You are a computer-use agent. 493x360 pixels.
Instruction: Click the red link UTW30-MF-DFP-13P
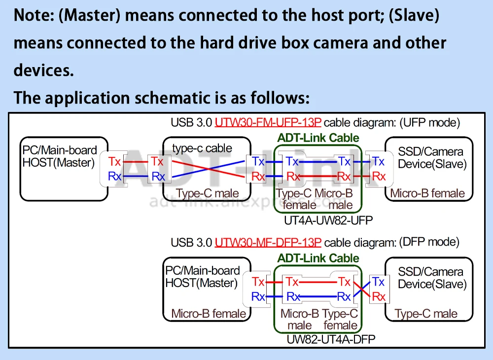coord(268,243)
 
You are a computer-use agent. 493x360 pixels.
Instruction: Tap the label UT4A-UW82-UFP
coord(328,220)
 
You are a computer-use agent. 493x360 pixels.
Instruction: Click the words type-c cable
coord(202,148)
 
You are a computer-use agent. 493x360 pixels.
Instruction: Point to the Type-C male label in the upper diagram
coord(207,194)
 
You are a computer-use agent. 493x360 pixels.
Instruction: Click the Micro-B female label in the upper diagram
coord(427,193)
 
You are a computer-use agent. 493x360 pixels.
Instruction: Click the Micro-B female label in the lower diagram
coord(209,314)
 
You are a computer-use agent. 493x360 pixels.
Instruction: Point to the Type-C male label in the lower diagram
coord(426,314)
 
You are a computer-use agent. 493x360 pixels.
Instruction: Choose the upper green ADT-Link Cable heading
coord(318,138)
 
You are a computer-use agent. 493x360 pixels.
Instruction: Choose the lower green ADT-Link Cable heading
coord(318,258)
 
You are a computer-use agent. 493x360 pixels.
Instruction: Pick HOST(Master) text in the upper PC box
coord(59,163)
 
